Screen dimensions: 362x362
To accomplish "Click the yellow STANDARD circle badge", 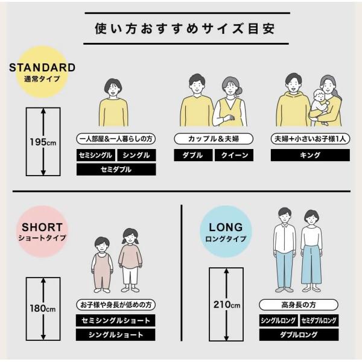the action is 42,72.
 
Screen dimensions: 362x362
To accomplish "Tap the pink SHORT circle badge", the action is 42,232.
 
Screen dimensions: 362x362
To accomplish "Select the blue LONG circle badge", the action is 226,232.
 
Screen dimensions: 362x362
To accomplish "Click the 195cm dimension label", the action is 43,142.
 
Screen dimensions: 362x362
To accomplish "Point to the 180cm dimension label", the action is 43,308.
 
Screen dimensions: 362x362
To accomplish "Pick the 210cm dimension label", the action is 226,305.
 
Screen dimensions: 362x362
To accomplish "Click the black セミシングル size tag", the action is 95,155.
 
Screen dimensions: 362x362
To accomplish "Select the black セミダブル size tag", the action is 116,170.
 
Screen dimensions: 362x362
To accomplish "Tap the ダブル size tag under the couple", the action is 193,155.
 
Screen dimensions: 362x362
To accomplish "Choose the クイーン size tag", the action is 234,155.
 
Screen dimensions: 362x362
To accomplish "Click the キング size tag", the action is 310,155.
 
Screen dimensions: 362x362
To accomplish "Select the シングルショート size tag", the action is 115,335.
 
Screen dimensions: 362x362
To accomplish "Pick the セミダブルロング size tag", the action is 319,320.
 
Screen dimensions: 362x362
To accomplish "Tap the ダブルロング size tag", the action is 299,335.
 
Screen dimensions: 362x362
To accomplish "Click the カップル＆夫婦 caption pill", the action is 214,139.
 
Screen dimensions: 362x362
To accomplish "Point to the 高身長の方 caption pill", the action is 299,305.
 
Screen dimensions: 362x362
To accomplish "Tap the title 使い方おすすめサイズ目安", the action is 185,28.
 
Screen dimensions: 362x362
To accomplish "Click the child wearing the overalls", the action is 102,265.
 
